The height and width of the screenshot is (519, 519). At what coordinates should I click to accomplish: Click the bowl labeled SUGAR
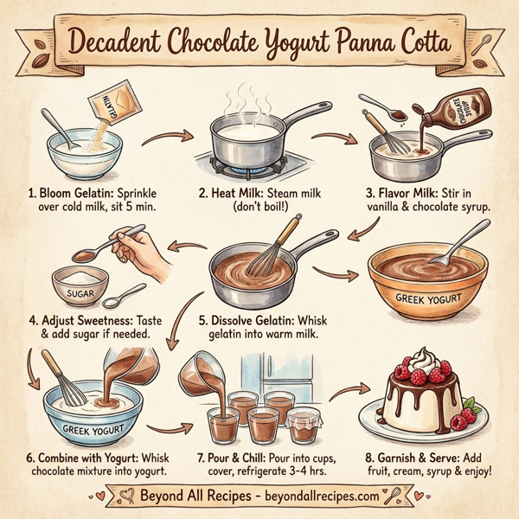(80, 289)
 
